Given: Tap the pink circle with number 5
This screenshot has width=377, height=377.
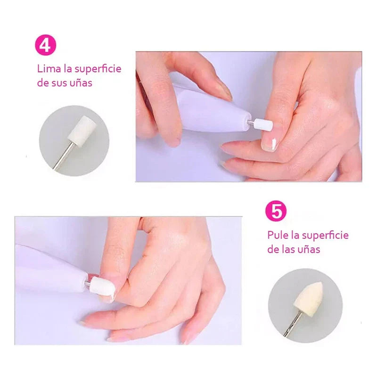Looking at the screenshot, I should coord(276,211).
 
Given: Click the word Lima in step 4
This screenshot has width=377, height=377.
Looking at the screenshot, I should coord(47,69).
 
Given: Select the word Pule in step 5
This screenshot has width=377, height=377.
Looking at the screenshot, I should coord(277,235).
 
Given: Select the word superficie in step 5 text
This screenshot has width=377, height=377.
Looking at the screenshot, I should coord(325,235).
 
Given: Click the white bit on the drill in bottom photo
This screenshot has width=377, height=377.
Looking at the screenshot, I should coord(99,285).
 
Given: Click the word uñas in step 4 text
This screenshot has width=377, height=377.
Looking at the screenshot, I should coord(81,83).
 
